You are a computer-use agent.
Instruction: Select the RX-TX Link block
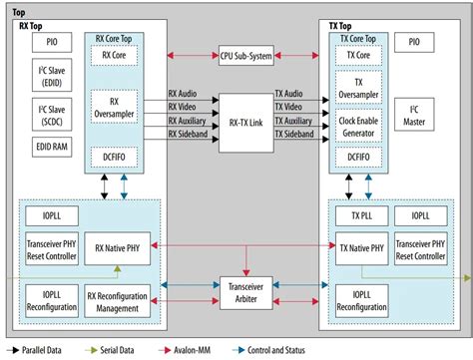(x=245, y=124)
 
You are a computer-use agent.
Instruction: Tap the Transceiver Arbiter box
(x=245, y=290)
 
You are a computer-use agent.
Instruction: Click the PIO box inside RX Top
(x=51, y=44)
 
